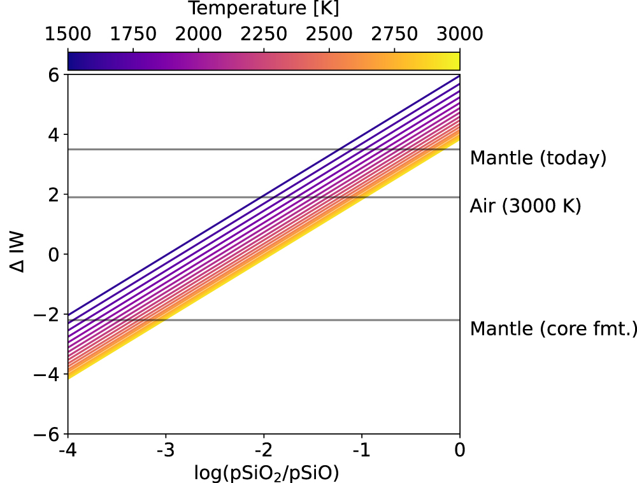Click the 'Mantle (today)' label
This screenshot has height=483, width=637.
click(x=538, y=158)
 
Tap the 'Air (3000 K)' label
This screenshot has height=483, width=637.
click(x=526, y=206)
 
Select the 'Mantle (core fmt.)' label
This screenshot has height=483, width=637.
click(x=553, y=329)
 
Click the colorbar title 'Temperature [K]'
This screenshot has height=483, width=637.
click(x=264, y=9)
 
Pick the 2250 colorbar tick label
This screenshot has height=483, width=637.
click(x=264, y=33)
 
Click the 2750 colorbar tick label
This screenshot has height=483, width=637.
click(x=394, y=33)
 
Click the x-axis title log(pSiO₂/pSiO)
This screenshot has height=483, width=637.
click(x=264, y=472)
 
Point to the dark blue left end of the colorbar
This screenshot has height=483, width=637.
click(x=72, y=60)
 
